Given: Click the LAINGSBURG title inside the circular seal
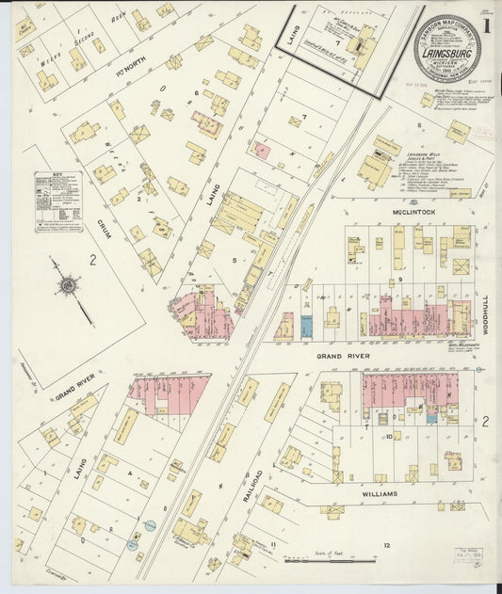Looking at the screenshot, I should click(x=448, y=55).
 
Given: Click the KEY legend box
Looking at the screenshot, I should click(x=58, y=201).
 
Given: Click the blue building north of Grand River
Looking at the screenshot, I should click(x=306, y=327).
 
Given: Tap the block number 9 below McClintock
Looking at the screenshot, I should click(x=400, y=280).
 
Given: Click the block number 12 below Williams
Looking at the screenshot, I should click(x=385, y=545).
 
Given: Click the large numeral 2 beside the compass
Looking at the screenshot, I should click(x=92, y=258).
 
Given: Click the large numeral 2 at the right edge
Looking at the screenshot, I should click(x=486, y=422).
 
